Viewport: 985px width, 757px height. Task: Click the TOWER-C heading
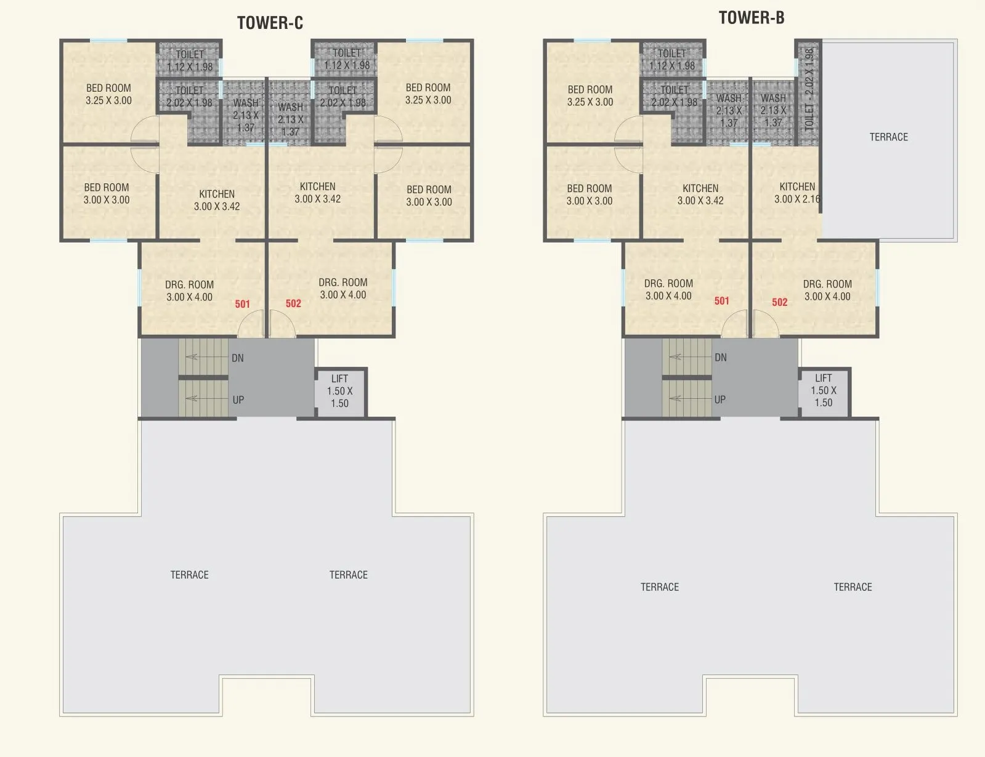[270, 23]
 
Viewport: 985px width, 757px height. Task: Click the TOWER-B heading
[752, 18]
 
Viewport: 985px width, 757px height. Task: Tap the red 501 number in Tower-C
[243, 304]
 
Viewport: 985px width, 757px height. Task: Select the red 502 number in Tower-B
[780, 302]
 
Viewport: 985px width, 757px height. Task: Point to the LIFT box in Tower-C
[341, 393]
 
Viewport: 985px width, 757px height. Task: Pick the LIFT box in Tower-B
[824, 392]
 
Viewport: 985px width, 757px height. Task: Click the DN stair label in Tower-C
[238, 358]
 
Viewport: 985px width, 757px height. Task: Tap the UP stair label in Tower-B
[720, 400]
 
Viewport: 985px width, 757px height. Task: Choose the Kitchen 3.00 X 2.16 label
[797, 193]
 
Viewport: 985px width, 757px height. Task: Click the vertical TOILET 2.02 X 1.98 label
[809, 90]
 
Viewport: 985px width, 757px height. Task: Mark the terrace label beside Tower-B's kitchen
[888, 137]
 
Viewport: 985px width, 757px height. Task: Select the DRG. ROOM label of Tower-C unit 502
[343, 289]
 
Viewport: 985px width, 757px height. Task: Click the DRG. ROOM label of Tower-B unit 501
[668, 290]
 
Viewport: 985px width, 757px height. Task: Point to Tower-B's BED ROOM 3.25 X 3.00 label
[590, 95]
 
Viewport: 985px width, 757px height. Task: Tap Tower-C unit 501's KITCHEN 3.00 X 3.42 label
[217, 200]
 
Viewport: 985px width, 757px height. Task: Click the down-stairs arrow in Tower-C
[207, 357]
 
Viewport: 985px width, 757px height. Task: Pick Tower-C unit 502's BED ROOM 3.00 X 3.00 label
[429, 196]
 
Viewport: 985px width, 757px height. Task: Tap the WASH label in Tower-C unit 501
[246, 115]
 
